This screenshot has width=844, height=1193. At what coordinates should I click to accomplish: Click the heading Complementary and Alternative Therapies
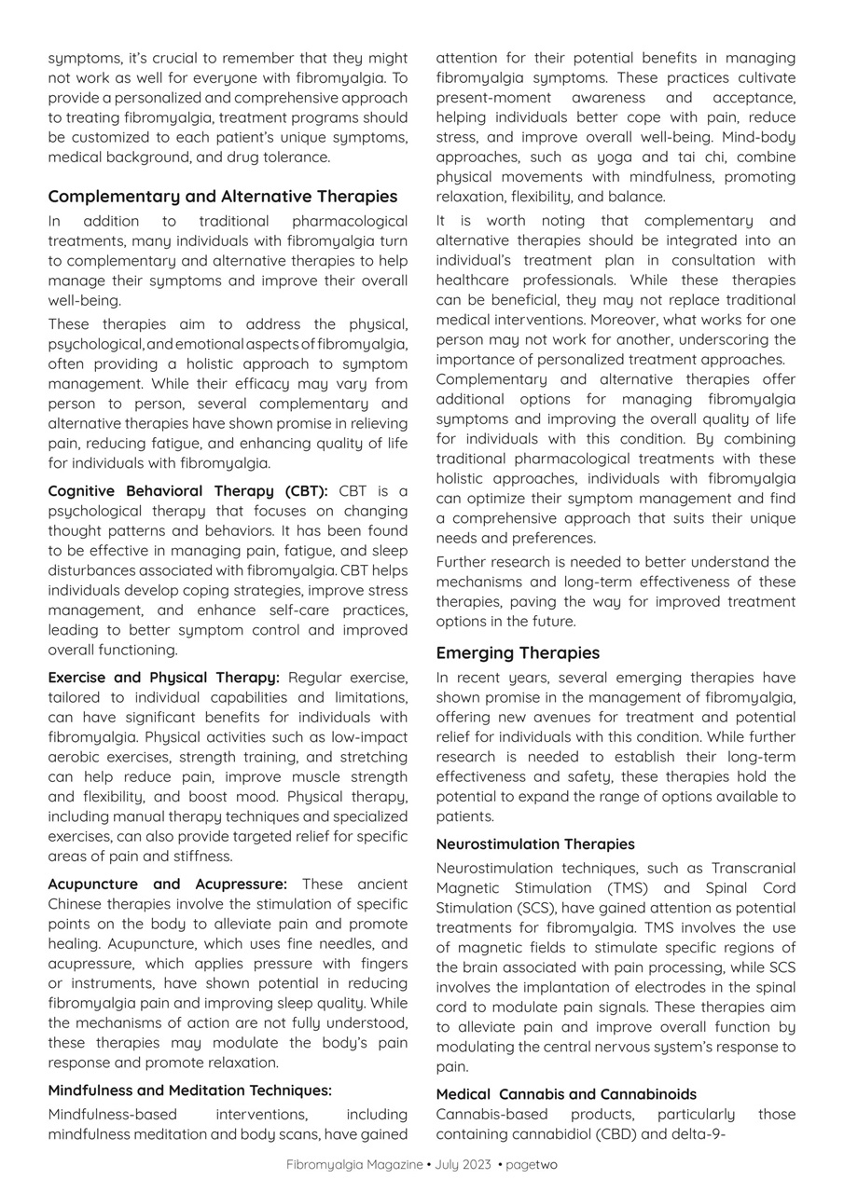[223, 197]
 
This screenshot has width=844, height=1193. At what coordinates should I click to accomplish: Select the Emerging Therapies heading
[518, 652]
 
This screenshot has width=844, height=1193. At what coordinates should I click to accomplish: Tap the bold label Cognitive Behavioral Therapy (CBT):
[187, 491]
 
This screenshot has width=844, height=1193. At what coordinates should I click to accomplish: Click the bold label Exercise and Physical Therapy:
[163, 678]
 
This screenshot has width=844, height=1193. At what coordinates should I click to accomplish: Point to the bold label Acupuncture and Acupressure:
[168, 884]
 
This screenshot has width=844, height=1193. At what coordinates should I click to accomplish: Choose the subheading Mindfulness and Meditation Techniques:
[190, 1090]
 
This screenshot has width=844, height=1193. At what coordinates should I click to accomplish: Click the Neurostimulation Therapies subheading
[535, 844]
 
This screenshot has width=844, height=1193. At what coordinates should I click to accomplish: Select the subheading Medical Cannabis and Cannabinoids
[566, 1094]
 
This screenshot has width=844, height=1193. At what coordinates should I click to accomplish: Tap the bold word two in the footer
[547, 1164]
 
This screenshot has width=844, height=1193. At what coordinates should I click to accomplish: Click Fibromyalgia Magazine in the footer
[354, 1164]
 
